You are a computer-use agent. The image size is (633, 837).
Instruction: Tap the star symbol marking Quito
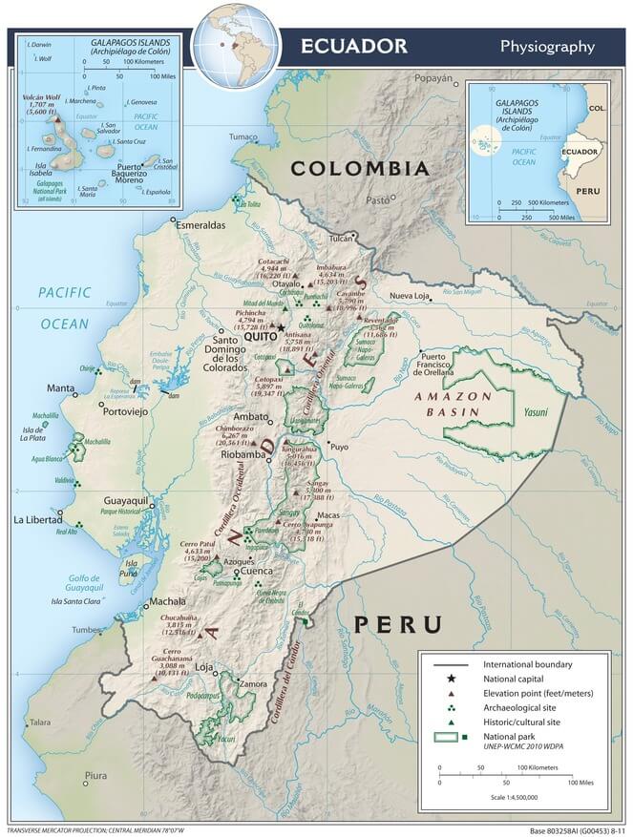point(281,328)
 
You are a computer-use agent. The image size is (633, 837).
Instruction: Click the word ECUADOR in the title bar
point(353,46)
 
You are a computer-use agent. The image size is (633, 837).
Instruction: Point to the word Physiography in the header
point(547,47)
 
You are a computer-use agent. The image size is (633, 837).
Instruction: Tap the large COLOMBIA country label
point(360,168)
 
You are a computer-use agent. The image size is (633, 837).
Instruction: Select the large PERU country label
point(398,625)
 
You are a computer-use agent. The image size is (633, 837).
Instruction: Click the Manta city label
point(61,388)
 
